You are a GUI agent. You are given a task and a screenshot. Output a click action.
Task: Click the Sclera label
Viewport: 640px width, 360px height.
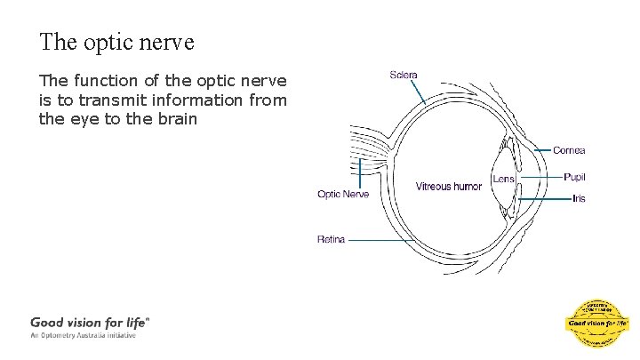404,75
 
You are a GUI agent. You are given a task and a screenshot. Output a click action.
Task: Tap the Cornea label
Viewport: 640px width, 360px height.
569,150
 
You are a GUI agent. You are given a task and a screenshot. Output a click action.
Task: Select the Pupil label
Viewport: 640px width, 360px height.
574,178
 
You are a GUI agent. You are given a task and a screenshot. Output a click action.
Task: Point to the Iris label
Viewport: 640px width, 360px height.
579,198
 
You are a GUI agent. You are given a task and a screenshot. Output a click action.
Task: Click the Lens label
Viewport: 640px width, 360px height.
503,179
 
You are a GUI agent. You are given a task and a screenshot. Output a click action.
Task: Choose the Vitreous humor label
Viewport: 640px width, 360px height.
448,187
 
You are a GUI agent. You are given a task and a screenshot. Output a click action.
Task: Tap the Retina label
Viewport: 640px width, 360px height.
332,239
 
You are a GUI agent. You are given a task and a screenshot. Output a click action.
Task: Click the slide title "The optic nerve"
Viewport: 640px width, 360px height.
116,42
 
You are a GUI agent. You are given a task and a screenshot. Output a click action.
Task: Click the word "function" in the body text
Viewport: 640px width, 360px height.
105,83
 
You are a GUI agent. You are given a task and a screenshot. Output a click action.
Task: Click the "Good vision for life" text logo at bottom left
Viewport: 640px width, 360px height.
90,323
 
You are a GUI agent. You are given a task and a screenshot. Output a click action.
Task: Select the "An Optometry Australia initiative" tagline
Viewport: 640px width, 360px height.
84,336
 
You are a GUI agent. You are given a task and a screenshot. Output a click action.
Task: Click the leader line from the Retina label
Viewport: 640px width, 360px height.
369,239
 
